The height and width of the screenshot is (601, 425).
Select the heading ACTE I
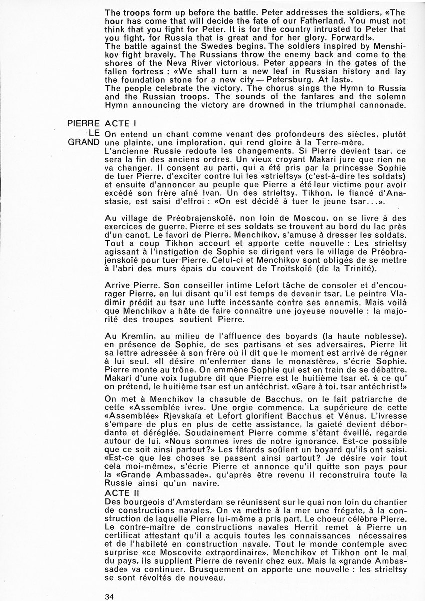tap(120, 123)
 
